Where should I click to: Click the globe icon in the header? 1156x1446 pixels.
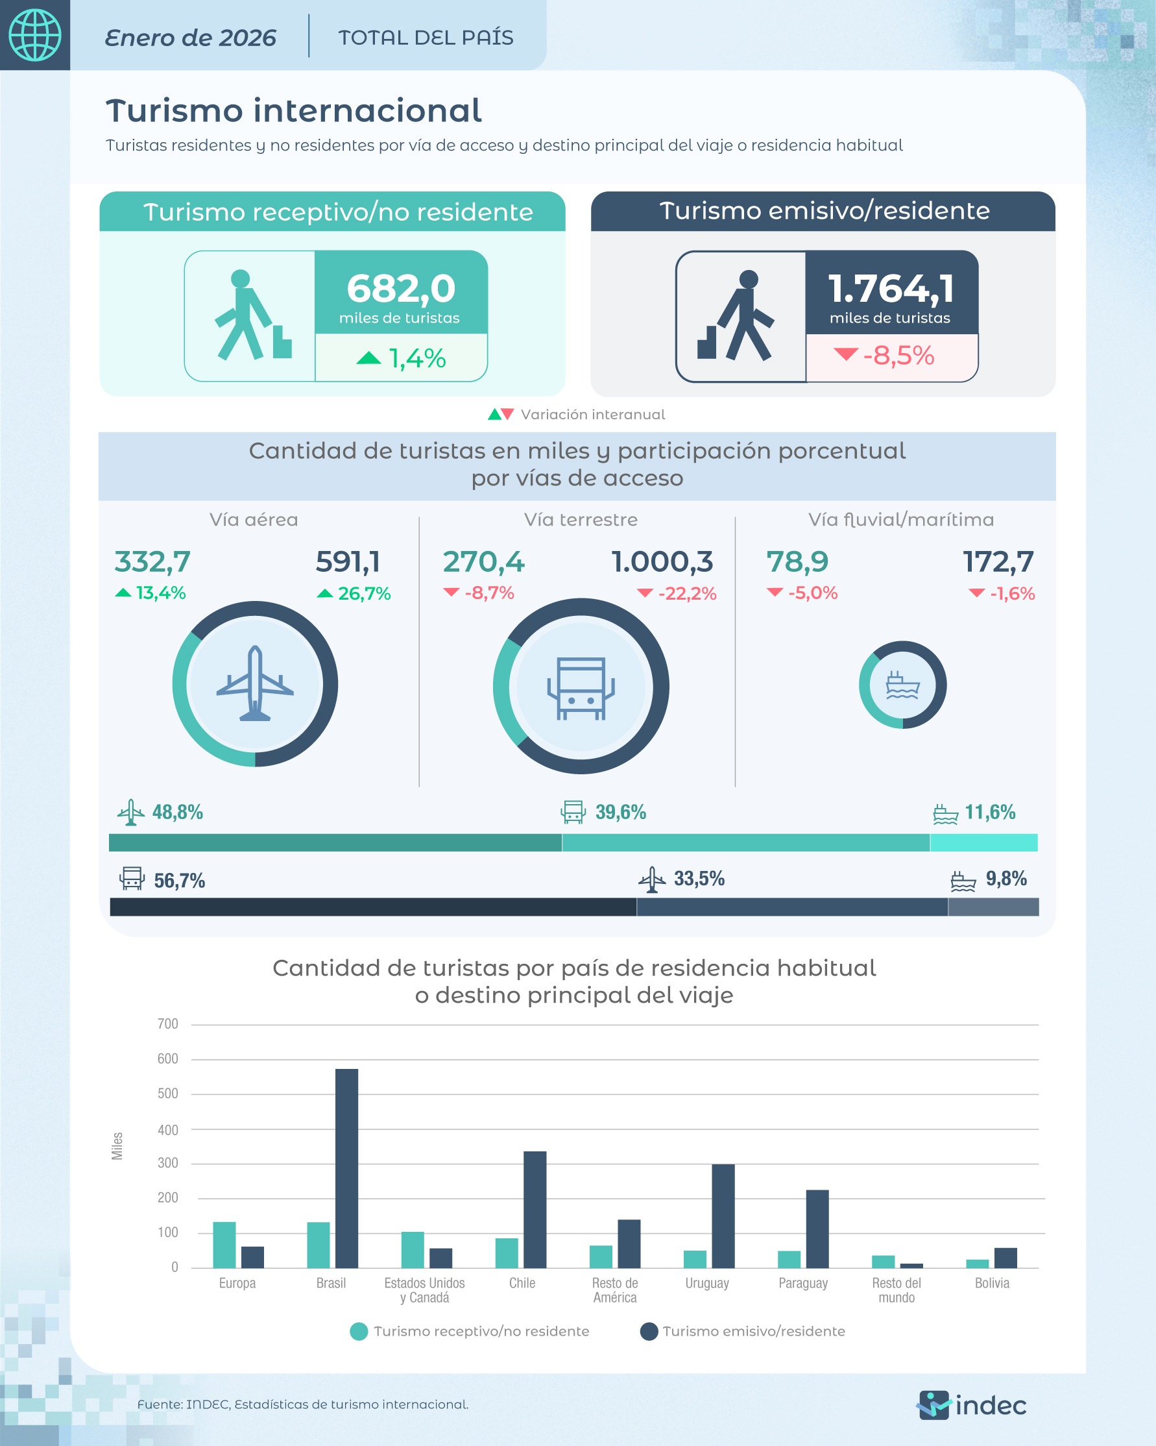(x=34, y=35)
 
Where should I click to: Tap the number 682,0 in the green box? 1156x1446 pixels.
(x=401, y=288)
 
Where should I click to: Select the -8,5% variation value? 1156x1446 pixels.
(x=898, y=356)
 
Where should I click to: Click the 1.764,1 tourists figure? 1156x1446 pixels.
(x=891, y=288)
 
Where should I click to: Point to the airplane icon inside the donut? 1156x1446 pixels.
(x=255, y=683)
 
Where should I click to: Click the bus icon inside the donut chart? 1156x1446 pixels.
(x=581, y=687)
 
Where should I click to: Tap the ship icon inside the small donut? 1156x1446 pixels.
(x=902, y=685)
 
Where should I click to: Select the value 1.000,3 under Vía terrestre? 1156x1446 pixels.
(x=662, y=562)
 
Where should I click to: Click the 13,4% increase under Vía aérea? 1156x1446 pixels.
(x=160, y=593)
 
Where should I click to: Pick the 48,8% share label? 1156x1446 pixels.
(x=177, y=812)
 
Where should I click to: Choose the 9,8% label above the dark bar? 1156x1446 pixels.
(x=1005, y=879)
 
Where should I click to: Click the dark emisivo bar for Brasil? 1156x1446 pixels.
(x=346, y=1168)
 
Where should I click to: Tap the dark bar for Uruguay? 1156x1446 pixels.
(x=723, y=1216)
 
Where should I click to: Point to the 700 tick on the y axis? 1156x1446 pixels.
(x=167, y=1023)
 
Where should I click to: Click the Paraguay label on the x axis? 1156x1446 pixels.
(x=802, y=1283)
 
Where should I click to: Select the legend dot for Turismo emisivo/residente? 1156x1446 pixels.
(x=649, y=1331)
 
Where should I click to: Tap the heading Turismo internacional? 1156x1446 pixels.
(x=293, y=111)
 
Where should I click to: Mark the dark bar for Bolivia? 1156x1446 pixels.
(x=1005, y=1258)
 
